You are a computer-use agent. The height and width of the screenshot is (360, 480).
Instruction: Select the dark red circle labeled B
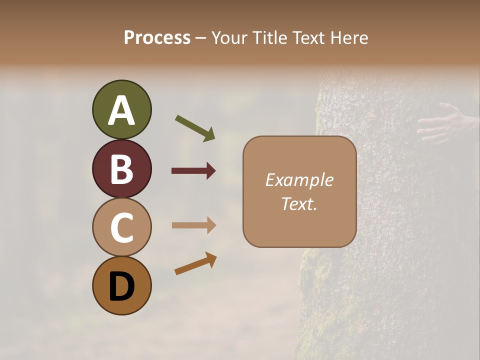point(121,168)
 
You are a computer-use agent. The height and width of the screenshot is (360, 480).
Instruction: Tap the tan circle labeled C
point(121,227)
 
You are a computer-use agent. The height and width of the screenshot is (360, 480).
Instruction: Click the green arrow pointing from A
point(195,128)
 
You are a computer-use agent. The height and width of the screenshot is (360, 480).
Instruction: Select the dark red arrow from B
point(193,171)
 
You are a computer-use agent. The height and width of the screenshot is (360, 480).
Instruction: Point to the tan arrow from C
point(193,225)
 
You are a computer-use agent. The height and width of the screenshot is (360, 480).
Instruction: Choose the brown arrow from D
point(195,263)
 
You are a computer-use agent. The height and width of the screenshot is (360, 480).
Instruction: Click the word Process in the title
point(157,38)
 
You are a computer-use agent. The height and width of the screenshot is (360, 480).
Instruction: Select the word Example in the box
point(299,180)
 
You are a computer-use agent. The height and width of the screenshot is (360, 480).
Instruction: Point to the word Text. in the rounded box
point(299,203)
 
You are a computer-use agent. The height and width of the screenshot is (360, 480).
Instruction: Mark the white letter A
point(121,110)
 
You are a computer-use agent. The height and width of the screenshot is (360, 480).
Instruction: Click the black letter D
point(121,286)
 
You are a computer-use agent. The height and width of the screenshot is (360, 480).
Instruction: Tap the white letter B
point(121,169)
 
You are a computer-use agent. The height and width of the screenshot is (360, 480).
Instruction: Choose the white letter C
point(121,228)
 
